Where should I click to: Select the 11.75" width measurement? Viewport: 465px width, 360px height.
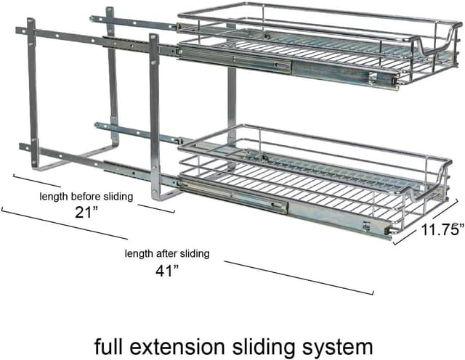[442, 231]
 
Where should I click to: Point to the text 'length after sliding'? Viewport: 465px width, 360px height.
[167, 254]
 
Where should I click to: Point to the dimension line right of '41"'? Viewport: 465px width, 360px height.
[305, 277]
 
